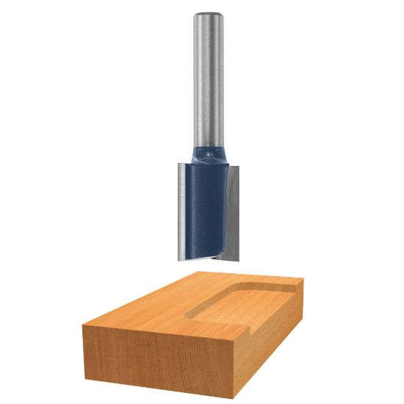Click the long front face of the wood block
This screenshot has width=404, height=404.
click(147, 360)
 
